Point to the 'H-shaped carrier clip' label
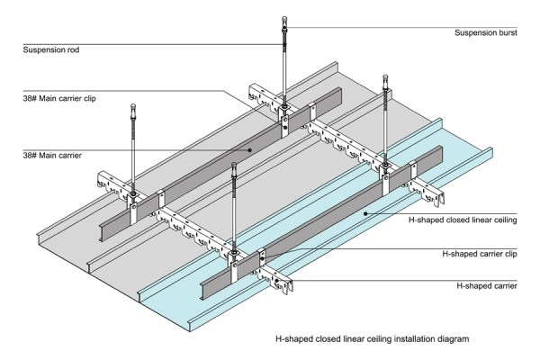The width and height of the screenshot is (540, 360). click(481, 254)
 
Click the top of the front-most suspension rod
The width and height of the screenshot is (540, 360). click(236, 166)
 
